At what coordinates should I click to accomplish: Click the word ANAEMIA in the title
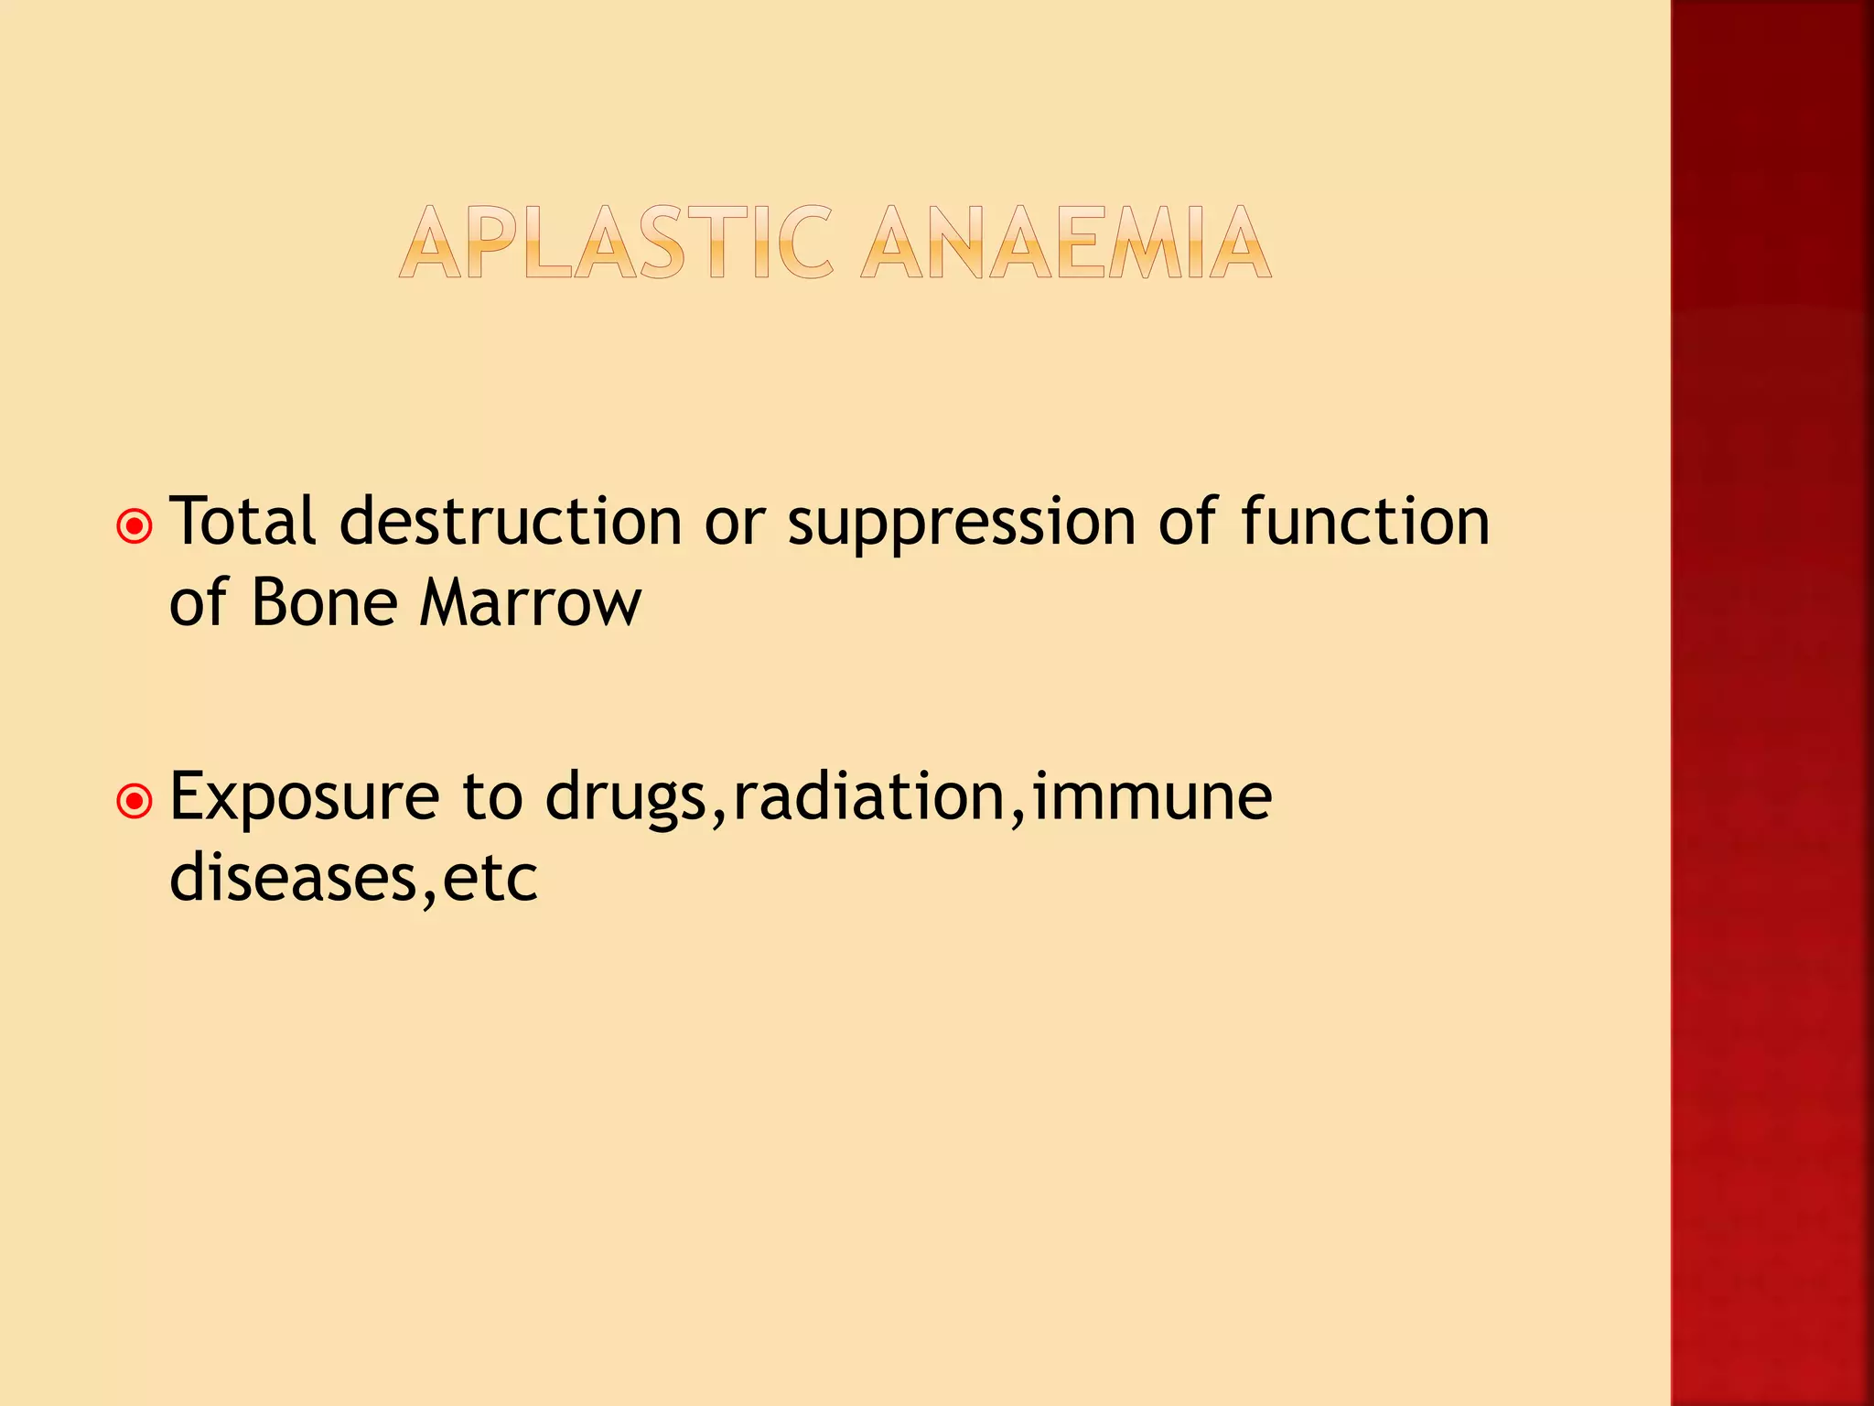tap(1066, 243)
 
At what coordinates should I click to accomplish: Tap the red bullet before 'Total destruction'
tap(135, 526)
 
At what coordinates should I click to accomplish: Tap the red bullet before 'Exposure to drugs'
tap(135, 802)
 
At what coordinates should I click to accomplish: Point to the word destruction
tap(511, 522)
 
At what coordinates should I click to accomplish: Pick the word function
tap(1365, 522)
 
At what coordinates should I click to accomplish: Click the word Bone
tap(325, 604)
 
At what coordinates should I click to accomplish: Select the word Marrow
tap(531, 604)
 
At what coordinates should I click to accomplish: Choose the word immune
tap(1152, 796)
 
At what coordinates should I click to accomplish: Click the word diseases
tap(293, 879)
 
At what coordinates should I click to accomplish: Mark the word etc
tap(490, 879)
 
